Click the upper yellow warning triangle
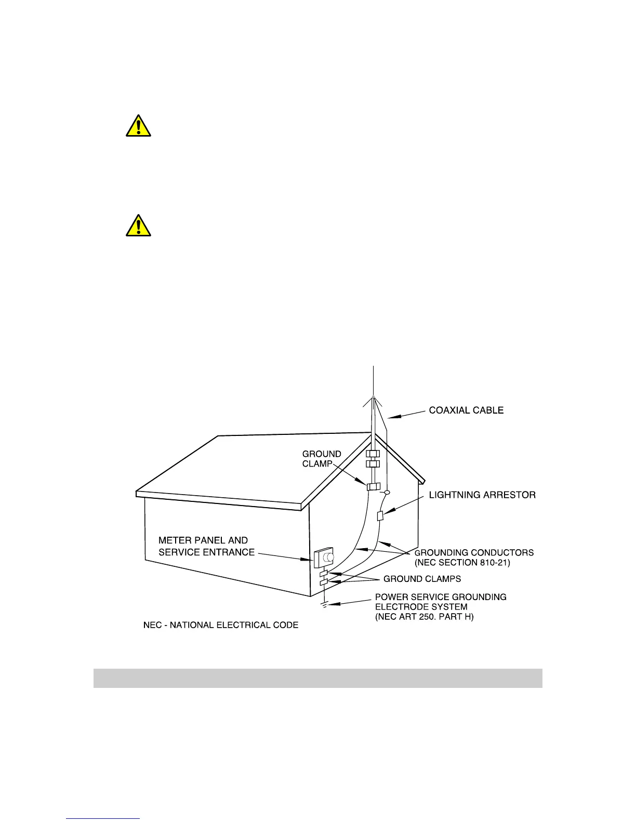(x=138, y=126)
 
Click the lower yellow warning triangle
(x=138, y=226)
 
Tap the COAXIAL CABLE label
(x=466, y=410)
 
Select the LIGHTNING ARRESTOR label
(x=482, y=495)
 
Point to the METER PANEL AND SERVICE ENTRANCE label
(x=206, y=547)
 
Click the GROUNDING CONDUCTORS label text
(x=473, y=553)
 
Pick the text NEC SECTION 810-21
(x=462, y=563)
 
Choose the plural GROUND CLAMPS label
(x=422, y=579)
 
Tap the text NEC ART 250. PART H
(x=424, y=617)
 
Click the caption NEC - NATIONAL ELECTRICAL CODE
(x=221, y=625)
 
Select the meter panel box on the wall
(x=323, y=557)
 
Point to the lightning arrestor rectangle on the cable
(x=380, y=516)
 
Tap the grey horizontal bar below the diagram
(x=317, y=678)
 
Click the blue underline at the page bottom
(x=103, y=819)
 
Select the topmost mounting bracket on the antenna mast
(x=373, y=454)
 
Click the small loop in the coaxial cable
(x=387, y=492)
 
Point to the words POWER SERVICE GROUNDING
(x=440, y=597)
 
